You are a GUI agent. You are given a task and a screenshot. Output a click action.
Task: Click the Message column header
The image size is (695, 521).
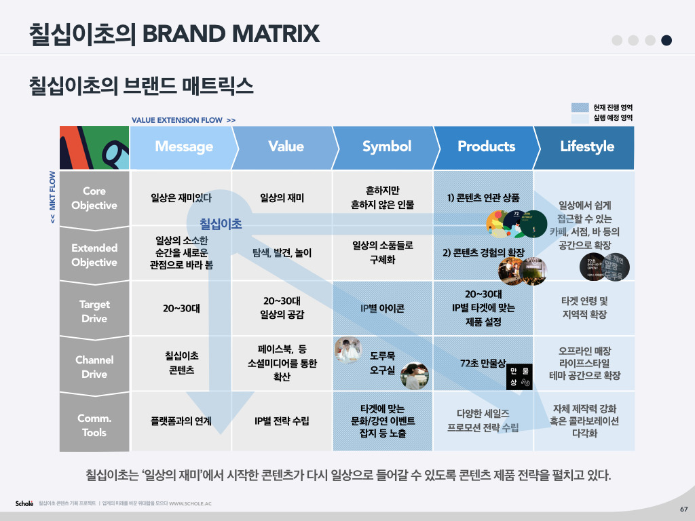pyautogui.click(x=183, y=147)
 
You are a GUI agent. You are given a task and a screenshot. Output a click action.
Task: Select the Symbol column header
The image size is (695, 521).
pyautogui.click(x=386, y=147)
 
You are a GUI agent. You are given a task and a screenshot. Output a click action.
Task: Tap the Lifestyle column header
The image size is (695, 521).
pyautogui.click(x=586, y=147)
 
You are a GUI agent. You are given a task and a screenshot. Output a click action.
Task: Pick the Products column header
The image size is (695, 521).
pyautogui.click(x=486, y=147)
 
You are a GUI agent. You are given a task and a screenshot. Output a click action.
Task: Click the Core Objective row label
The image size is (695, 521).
pyautogui.click(x=94, y=198)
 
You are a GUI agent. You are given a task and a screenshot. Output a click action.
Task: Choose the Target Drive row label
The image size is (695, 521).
pyautogui.click(x=94, y=311)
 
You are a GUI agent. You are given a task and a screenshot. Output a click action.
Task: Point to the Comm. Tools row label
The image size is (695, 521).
pyautogui.click(x=94, y=425)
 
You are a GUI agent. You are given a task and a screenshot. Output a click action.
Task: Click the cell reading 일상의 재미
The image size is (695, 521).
pyautogui.click(x=282, y=198)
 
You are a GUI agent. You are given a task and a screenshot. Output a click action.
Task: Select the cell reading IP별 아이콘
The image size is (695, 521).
pyautogui.click(x=382, y=309)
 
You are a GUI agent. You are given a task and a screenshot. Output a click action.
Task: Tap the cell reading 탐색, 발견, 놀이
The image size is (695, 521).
pyautogui.click(x=282, y=254)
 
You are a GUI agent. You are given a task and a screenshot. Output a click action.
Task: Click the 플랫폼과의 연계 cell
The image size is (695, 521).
pyautogui.click(x=181, y=421)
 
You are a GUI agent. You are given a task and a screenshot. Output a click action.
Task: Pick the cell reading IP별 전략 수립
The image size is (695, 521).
pyautogui.click(x=282, y=421)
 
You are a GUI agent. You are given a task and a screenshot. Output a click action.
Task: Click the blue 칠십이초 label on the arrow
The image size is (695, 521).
pyautogui.click(x=221, y=223)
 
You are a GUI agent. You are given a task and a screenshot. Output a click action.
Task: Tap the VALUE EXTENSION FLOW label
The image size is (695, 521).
pyautogui.click(x=183, y=120)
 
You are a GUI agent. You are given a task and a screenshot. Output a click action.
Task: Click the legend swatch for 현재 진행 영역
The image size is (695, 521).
pyautogui.click(x=580, y=107)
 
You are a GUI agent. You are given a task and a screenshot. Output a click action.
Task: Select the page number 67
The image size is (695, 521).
pyautogui.click(x=683, y=509)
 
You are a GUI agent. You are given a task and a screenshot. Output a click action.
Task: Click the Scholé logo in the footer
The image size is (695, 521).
pyautogui.click(x=24, y=503)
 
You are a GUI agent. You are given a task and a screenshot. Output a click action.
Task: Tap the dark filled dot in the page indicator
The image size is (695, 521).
pyautogui.click(x=666, y=40)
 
